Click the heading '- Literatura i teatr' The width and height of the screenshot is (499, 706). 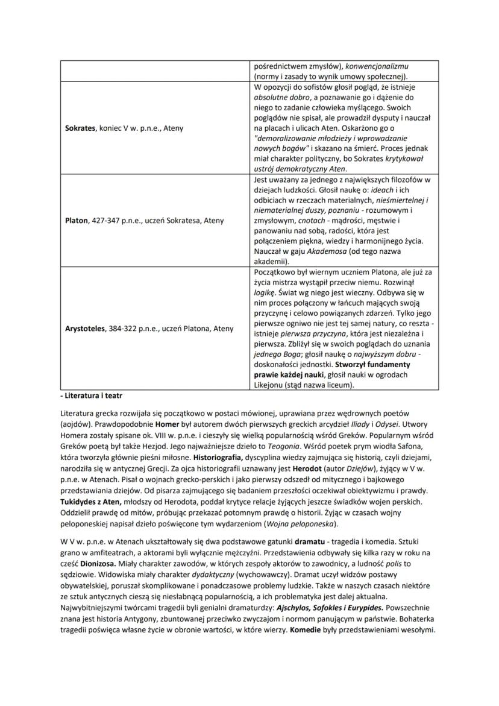click(x=90, y=398)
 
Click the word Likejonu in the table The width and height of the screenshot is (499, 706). click(x=269, y=385)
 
